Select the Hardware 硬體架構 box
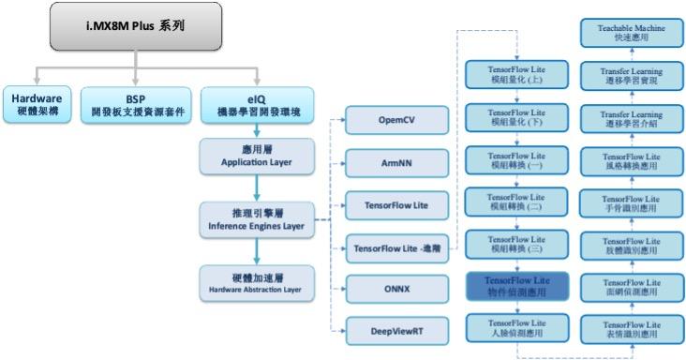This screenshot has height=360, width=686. [35, 103]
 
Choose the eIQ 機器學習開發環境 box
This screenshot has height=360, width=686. [255, 103]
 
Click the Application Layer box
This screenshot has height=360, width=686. [256, 156]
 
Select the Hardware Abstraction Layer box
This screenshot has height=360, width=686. [256, 284]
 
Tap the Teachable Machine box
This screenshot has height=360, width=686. [631, 35]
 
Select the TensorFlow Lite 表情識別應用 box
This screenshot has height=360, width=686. [631, 328]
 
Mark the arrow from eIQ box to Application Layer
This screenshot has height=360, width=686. [256, 128]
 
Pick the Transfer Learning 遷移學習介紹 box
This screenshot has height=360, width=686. [631, 118]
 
